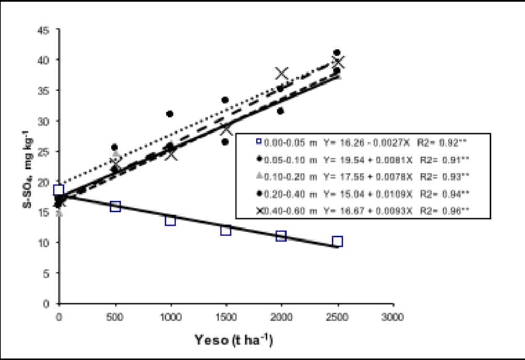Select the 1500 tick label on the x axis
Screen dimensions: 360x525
click(x=226, y=317)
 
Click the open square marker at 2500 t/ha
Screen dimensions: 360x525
click(x=337, y=241)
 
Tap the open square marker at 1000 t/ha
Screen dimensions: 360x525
click(x=170, y=221)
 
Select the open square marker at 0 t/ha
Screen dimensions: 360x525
click(x=59, y=190)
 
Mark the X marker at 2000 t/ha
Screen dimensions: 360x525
click(x=282, y=74)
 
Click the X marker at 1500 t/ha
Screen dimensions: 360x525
click(x=225, y=129)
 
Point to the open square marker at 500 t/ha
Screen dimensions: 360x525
click(x=115, y=207)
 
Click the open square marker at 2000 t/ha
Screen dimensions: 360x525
click(x=281, y=235)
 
